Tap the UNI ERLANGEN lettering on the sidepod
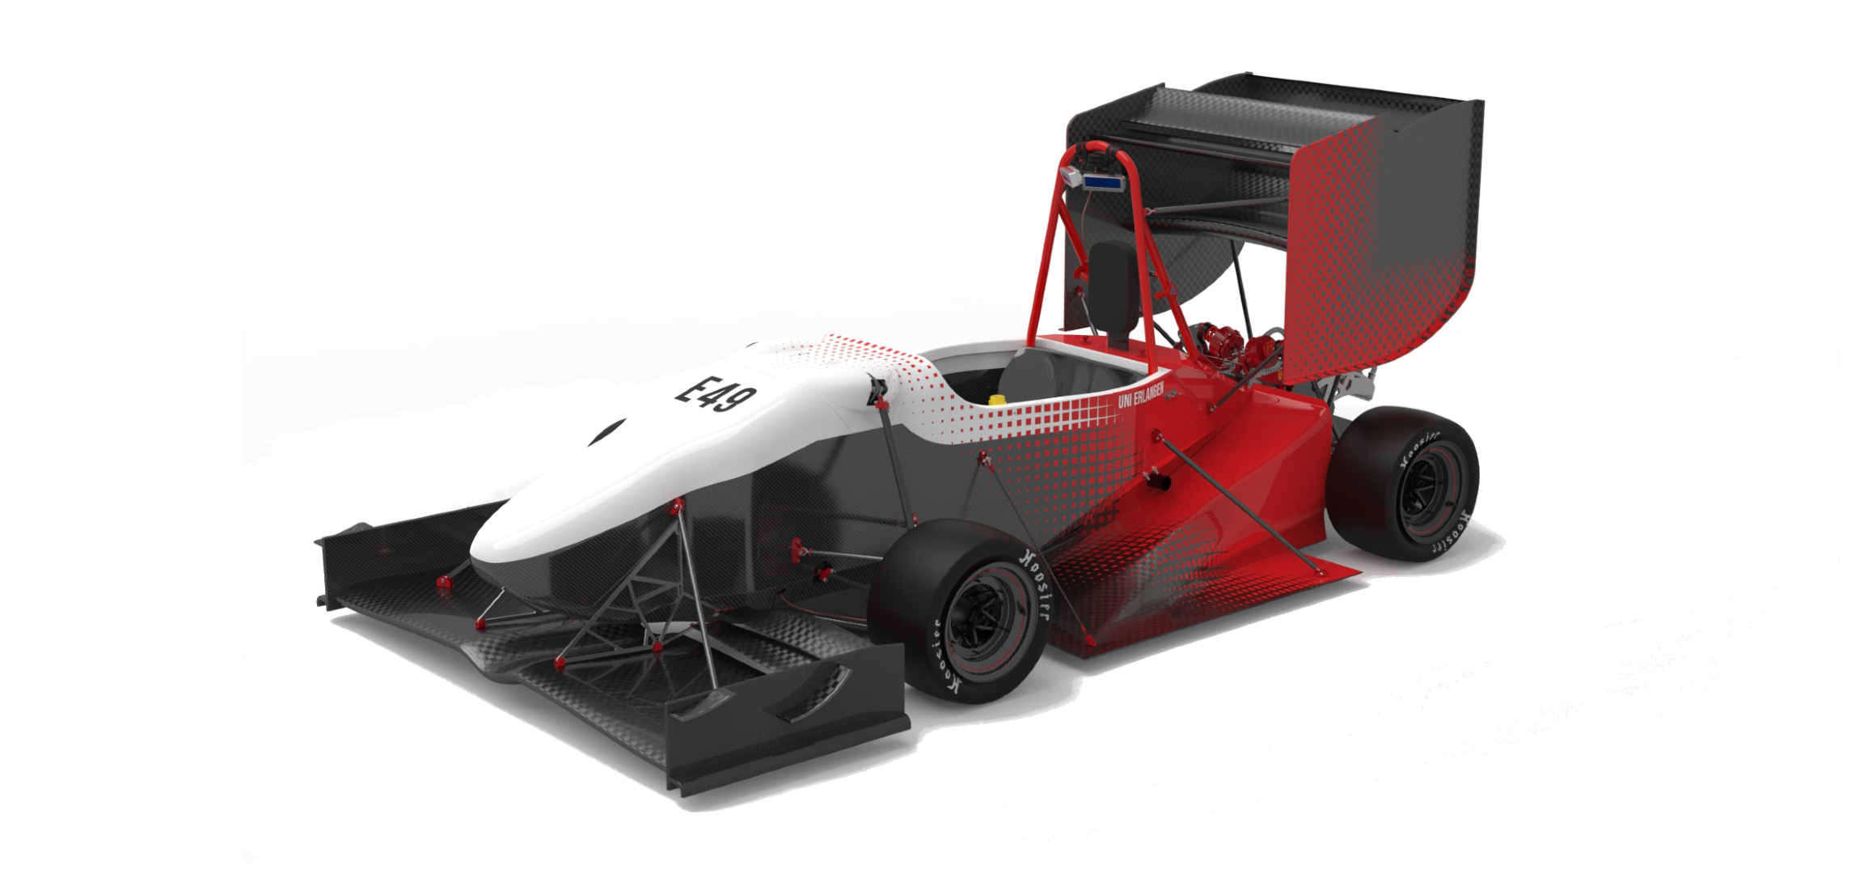[1141, 392]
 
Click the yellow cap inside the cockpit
[997, 399]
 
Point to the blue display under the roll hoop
[1103, 182]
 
